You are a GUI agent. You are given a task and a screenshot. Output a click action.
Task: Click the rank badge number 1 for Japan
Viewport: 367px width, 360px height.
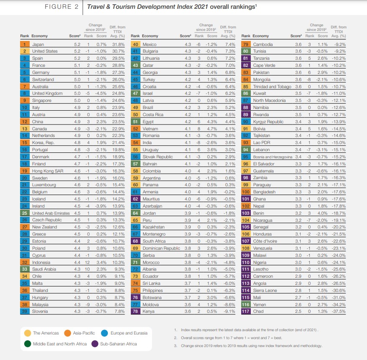point(25,44)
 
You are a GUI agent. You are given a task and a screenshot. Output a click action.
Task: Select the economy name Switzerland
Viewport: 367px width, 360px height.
point(43,79)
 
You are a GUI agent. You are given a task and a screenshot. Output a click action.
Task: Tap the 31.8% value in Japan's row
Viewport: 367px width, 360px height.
point(119,44)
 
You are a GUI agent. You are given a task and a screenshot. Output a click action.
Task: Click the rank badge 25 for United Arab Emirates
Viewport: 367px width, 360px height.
point(25,213)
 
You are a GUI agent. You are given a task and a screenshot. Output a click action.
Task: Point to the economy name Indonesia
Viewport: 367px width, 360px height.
point(42,262)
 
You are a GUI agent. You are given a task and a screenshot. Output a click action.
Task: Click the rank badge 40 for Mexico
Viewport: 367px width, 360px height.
point(135,44)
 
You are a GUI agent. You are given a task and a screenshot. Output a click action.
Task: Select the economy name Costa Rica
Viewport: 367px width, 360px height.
point(153,114)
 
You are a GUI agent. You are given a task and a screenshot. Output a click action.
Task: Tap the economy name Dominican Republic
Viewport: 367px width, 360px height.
point(161,248)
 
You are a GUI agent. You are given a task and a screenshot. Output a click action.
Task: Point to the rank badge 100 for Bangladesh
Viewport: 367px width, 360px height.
point(246,192)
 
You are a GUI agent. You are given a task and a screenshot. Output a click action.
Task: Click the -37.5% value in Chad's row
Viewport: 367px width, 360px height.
point(339,311)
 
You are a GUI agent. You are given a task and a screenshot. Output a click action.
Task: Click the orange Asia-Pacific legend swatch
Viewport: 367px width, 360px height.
point(67,333)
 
